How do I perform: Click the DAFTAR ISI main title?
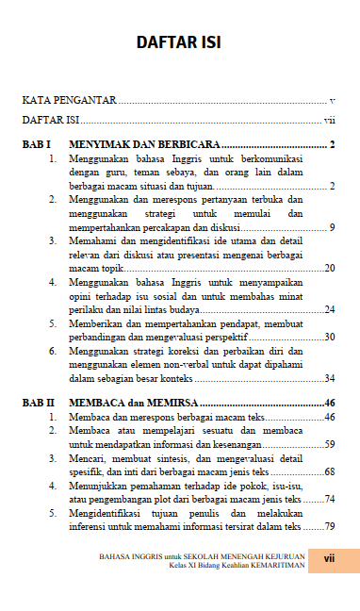pos(178,42)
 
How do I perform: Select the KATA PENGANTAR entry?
pos(70,99)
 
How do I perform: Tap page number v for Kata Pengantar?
pos(333,99)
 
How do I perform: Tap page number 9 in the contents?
pos(333,227)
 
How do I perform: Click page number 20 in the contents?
pos(330,269)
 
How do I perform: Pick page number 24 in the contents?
pos(330,309)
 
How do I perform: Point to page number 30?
pos(330,337)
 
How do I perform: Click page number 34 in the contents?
pos(330,378)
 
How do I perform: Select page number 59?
pos(330,443)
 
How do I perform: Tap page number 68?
pos(330,471)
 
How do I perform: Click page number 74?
pos(330,498)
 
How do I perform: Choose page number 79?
pos(330,526)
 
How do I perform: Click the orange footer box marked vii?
pos(331,559)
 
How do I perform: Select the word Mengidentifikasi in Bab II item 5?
pos(106,513)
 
